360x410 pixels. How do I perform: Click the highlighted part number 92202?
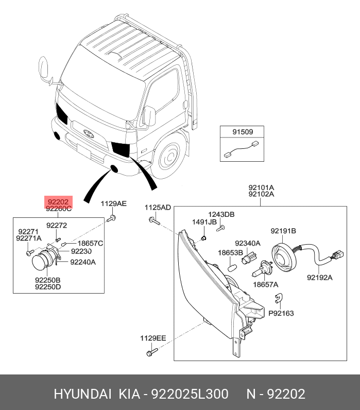[58, 201]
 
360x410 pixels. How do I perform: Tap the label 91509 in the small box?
[242, 132]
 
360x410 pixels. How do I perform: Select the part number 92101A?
[261, 187]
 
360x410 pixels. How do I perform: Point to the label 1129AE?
[113, 204]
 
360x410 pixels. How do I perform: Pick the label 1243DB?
[221, 214]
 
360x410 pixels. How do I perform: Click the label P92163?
[281, 313]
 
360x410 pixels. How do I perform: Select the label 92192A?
[319, 278]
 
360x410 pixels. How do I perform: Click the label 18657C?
[90, 243]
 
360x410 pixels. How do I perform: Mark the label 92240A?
[83, 262]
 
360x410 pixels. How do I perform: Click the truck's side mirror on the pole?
[44, 69]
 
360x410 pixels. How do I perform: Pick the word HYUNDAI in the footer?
[82, 394]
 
